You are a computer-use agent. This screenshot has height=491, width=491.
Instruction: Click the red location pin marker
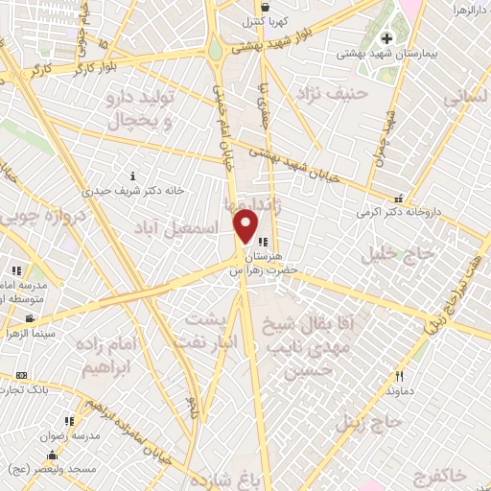point(246,225)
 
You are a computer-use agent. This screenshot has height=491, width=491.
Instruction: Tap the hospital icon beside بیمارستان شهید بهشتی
point(387,38)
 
